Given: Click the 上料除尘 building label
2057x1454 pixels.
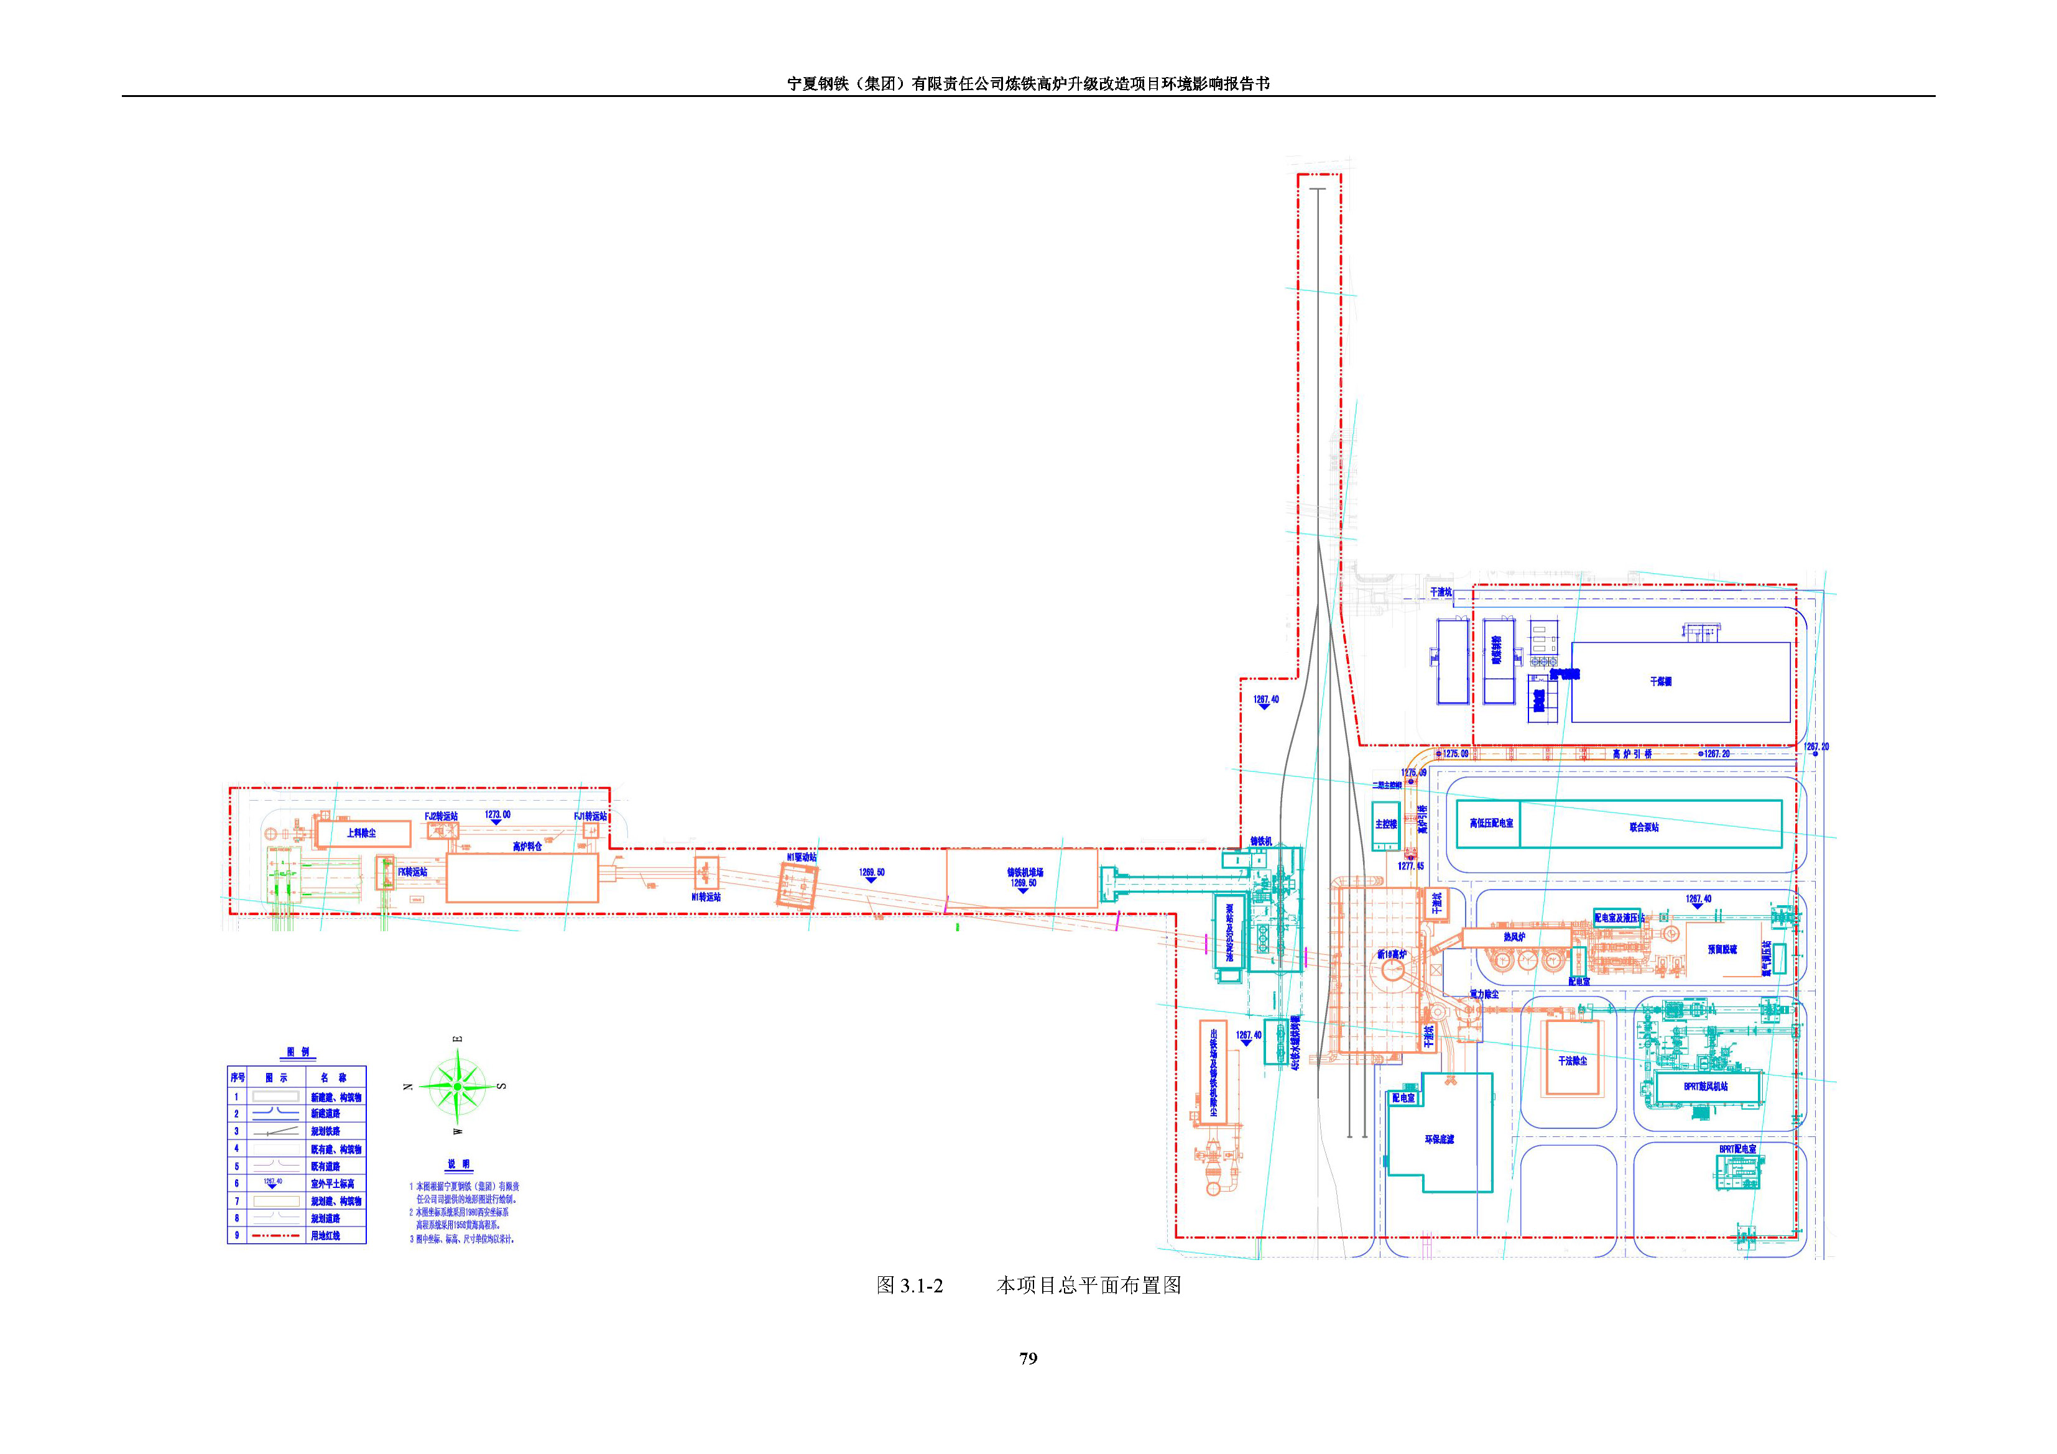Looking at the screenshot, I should (361, 833).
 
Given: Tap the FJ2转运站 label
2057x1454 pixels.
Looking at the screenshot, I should (441, 816).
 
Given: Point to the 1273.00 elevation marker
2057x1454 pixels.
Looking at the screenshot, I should (497, 814).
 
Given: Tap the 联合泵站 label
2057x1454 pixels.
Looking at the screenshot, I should (1644, 827).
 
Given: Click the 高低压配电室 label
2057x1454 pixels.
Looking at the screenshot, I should (1491, 822).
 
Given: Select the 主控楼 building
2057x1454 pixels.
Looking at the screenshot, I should (1385, 825).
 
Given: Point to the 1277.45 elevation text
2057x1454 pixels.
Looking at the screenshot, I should (1410, 867).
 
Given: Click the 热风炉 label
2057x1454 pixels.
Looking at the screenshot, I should (1514, 937).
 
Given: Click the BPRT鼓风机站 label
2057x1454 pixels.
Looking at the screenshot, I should (1705, 1087).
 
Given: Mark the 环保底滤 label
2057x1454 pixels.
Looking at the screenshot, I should (1440, 1139).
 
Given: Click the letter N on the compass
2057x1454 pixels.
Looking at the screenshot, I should (409, 1087).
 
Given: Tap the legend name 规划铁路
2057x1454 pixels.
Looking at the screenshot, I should (325, 1131).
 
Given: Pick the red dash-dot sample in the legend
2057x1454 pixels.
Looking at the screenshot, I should (276, 1235).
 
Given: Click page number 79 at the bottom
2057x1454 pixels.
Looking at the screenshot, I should (1028, 1358).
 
